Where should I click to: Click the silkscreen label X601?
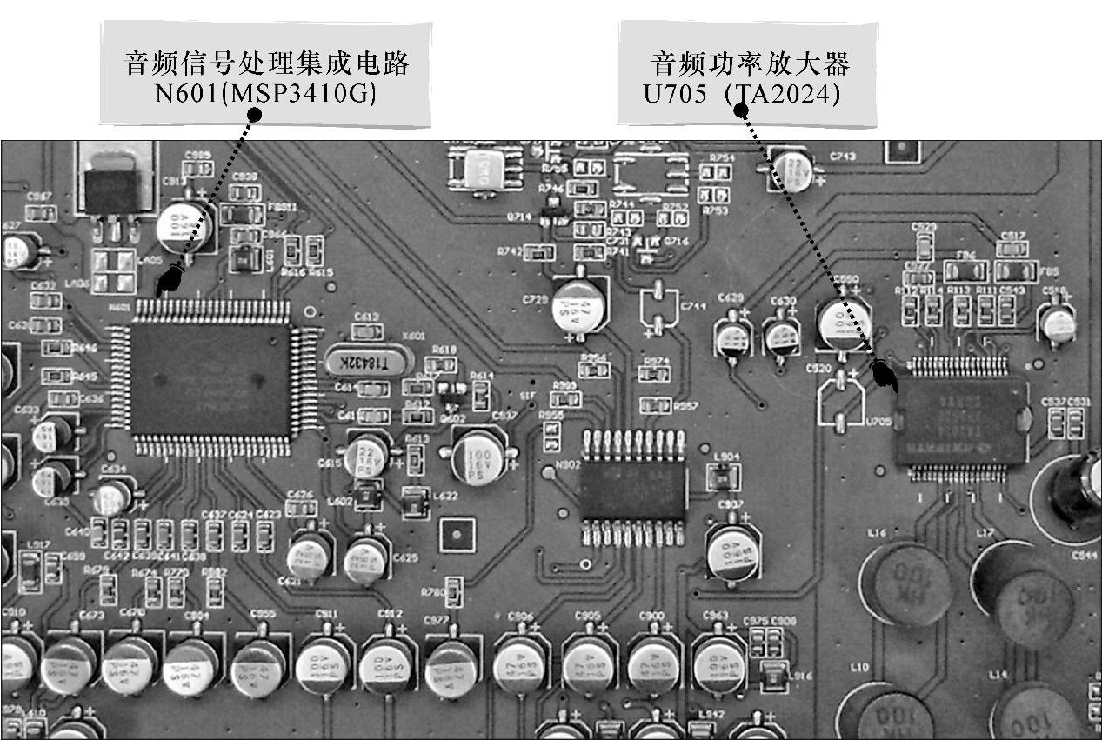tap(414, 337)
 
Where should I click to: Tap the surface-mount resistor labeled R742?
tap(540, 253)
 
